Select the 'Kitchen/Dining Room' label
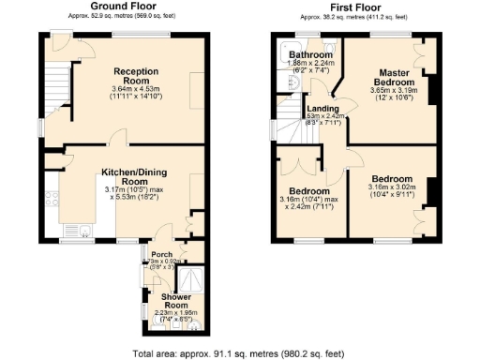135,177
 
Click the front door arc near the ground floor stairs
62,44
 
